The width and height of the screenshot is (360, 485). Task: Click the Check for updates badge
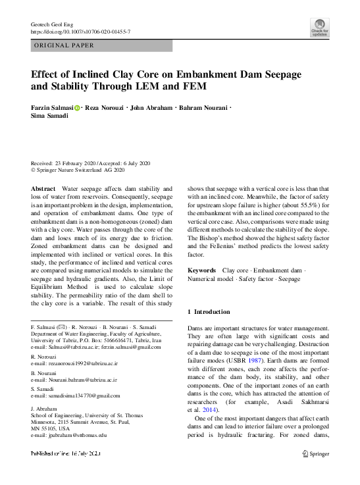320,27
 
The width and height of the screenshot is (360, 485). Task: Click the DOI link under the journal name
81,31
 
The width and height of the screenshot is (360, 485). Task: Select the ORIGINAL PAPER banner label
64,45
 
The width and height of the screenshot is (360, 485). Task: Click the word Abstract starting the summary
43,189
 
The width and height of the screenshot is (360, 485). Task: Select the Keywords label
201,270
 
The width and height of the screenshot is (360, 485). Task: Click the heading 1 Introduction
209,311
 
